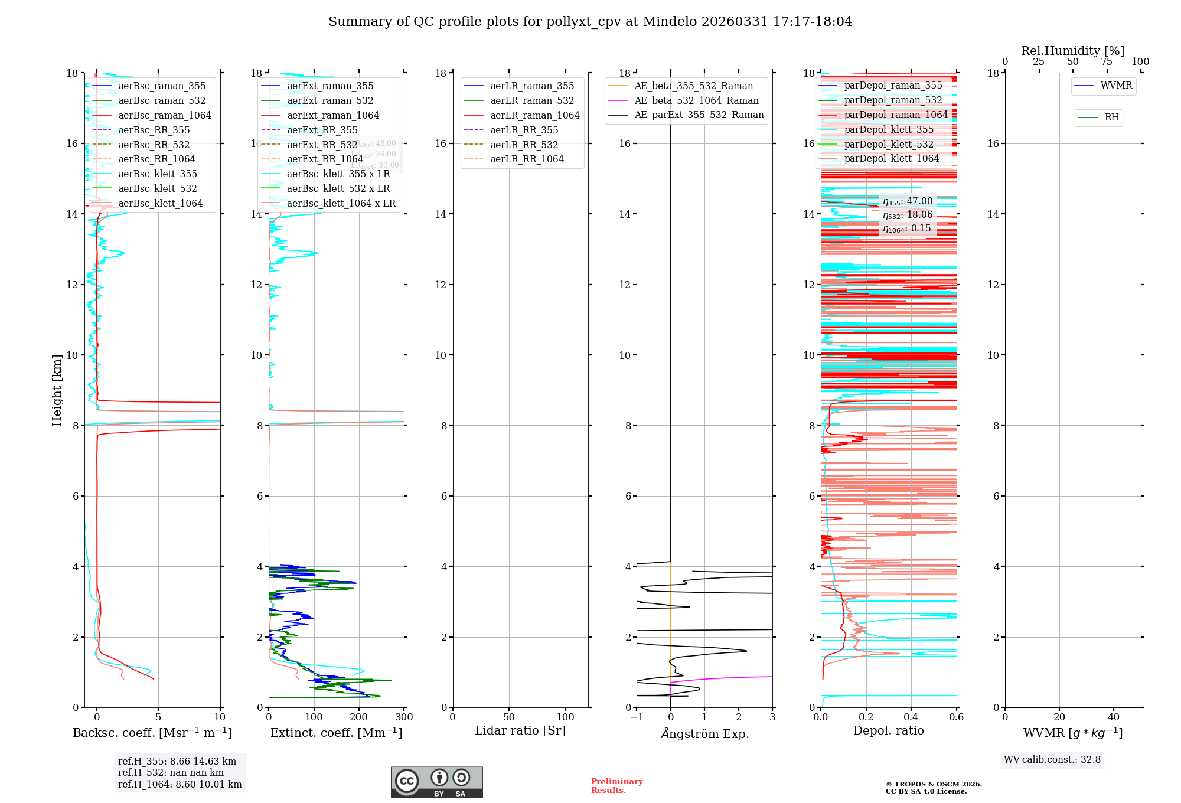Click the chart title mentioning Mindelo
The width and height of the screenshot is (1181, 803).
590,22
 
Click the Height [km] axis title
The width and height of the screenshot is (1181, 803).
57,390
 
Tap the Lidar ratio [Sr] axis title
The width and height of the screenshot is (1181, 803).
520,731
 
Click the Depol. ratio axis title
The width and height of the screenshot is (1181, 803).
888,731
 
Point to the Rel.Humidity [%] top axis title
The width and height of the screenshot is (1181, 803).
1072,51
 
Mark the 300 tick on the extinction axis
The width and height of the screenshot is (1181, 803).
404,717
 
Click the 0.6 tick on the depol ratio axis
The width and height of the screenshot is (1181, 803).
956,717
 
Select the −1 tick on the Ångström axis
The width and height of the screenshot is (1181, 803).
637,717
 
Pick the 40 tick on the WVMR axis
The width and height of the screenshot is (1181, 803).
1114,717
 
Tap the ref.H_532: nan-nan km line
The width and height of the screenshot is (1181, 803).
171,773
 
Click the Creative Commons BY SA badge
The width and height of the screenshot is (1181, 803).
436,782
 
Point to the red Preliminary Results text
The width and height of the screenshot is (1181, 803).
616,786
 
